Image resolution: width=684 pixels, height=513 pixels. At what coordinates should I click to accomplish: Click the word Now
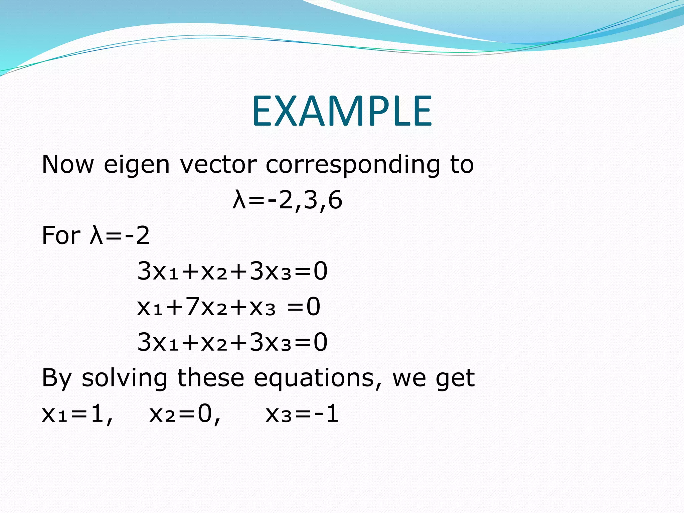point(68,164)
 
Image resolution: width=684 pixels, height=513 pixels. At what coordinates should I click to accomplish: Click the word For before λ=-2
point(61,235)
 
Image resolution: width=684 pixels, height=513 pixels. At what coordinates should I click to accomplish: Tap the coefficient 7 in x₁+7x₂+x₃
point(193,306)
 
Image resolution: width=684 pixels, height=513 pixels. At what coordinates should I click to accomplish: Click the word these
point(211,378)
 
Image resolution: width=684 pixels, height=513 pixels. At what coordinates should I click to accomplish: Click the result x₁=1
point(77,414)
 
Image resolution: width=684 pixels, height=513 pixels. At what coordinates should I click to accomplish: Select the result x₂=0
point(184,414)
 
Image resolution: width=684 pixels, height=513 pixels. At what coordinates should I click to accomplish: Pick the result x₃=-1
point(302,414)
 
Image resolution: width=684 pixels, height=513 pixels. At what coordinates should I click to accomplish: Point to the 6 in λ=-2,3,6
point(335,200)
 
